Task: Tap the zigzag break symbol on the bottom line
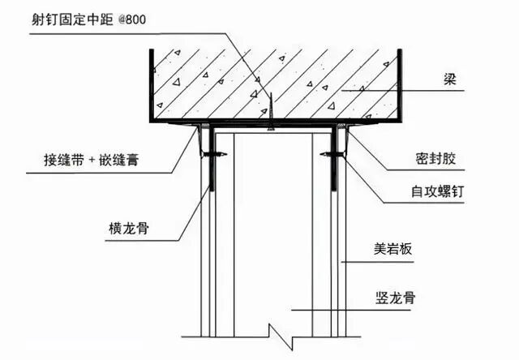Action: pyautogui.click(x=280, y=333)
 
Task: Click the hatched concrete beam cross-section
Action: pyautogui.click(x=276, y=81)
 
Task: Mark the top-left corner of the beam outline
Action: pyautogui.click(x=151, y=50)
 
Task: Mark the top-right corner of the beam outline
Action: pyautogui.click(x=402, y=50)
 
